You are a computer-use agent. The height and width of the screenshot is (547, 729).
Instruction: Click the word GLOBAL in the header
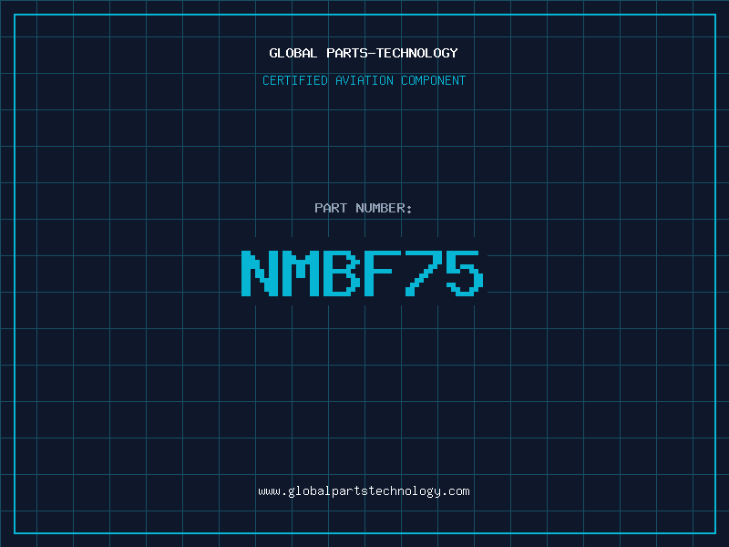pos(293,53)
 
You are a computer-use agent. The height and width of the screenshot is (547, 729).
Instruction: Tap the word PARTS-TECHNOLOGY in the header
pos(392,53)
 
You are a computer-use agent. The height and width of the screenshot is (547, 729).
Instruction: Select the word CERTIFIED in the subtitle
pos(294,80)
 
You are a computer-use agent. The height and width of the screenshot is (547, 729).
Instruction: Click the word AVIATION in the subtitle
pos(364,80)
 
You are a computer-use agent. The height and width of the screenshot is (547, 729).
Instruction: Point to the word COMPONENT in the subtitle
pos(433,80)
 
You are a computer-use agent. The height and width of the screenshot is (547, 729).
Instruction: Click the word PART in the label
pos(331,208)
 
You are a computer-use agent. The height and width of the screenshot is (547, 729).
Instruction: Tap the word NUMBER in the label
pos(380,208)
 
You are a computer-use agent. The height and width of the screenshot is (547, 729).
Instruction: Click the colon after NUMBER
pos(409,210)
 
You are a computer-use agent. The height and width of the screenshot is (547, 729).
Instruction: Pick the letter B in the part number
pos(341,273)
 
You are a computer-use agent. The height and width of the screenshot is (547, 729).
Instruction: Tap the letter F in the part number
pos(381,273)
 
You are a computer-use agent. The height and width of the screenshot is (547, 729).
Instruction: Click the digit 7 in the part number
pos(422,273)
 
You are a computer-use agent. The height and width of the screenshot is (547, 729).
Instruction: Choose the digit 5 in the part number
pos(464,273)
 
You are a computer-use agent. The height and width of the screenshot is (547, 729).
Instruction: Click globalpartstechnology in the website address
pos(364,491)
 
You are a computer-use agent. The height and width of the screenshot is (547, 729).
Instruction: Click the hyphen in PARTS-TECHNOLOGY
pos(372,54)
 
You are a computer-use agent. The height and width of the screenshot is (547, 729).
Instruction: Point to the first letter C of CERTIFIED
pos(266,80)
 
